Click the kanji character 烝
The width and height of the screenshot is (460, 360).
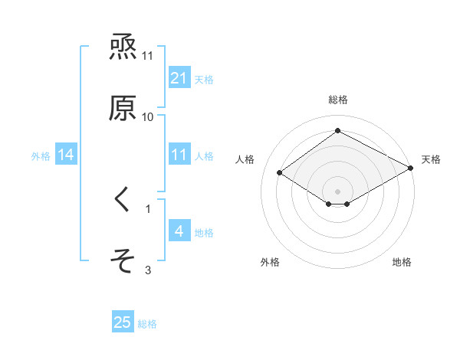(123, 47)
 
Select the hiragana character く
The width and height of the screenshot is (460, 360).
(123, 200)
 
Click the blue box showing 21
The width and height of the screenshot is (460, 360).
(179, 78)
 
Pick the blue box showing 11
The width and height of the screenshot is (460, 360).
(179, 155)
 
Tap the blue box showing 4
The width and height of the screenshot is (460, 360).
(179, 231)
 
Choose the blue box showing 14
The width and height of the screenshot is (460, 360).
(66, 155)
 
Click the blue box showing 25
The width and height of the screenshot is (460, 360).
(123, 322)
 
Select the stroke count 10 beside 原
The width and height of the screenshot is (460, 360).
(148, 116)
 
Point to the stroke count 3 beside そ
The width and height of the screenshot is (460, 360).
(148, 270)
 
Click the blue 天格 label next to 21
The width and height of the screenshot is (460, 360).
(204, 79)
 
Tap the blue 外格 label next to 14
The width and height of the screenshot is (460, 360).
(41, 156)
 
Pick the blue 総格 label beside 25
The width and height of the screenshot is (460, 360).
(147, 324)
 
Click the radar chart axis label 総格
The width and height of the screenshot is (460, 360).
(338, 100)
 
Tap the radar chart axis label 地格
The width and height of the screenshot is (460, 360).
(402, 262)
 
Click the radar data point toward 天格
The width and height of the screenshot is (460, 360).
(412, 168)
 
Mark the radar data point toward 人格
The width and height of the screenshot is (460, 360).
(280, 173)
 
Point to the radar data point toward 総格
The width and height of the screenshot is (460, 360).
(338, 131)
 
